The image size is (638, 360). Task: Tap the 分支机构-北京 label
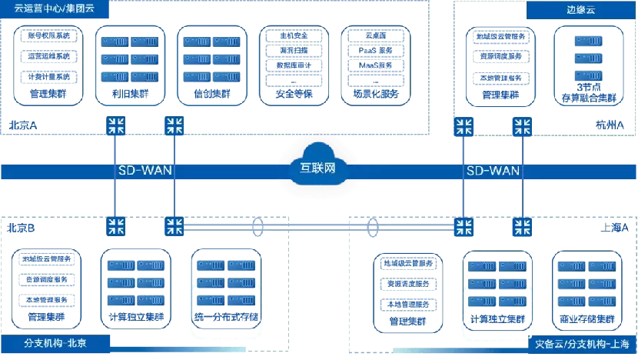point(46,343)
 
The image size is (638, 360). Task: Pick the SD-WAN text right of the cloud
point(493,170)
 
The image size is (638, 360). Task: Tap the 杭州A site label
point(610,125)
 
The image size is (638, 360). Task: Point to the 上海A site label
point(614,228)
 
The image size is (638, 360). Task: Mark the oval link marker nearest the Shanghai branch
point(374,228)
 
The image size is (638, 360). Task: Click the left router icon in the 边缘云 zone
point(464,126)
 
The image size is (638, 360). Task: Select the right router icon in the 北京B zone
point(174,226)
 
